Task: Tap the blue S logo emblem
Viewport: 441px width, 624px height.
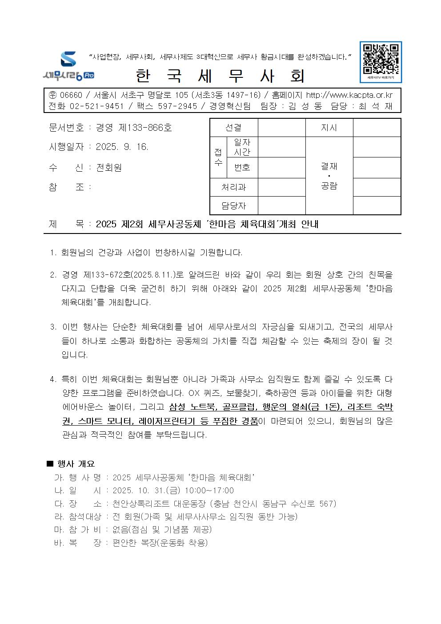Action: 68,59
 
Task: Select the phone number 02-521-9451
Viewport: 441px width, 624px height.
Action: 96,106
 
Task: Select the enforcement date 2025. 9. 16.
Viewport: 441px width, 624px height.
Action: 122,147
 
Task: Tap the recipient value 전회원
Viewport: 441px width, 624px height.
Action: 109,168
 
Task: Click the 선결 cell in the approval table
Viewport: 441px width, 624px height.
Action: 233,128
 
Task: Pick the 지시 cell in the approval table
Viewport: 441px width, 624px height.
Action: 329,128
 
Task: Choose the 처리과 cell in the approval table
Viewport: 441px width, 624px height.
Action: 233,187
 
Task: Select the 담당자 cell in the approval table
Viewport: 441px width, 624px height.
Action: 233,206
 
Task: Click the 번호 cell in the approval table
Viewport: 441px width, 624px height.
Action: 242,168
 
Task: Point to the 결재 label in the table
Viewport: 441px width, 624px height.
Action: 329,166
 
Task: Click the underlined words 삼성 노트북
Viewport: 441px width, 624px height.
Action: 191,407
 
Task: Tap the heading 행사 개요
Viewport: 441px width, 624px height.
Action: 76,464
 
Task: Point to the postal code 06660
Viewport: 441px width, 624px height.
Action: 71,95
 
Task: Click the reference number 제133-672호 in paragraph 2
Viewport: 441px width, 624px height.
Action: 107,275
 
